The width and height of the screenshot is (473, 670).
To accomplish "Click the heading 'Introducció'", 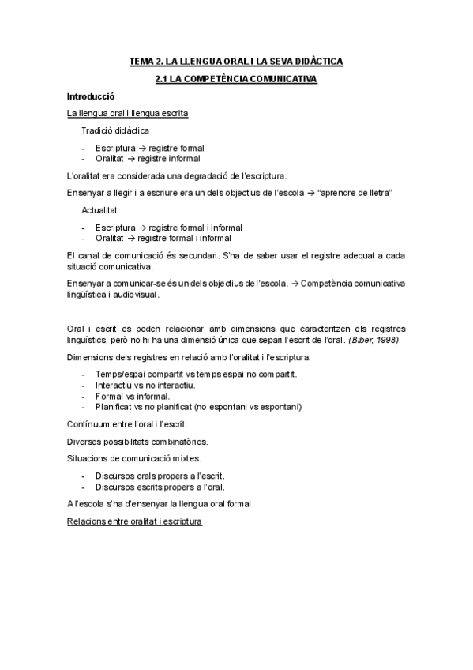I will click(x=92, y=96).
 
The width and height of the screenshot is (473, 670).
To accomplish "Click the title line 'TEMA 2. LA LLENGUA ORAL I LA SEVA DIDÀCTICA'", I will click(x=236, y=61).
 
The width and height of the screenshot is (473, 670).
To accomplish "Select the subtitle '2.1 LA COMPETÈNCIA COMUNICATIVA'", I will click(x=236, y=79).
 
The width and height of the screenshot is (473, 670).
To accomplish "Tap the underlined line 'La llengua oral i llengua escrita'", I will click(x=128, y=113).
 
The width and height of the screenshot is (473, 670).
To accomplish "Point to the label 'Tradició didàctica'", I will click(x=115, y=130).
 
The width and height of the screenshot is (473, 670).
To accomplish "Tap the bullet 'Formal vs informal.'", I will click(x=132, y=395).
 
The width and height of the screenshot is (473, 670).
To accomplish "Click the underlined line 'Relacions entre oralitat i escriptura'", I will click(x=135, y=521).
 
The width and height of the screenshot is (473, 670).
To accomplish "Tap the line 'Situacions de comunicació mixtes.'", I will click(x=134, y=458).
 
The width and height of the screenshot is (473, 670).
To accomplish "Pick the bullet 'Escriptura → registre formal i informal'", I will click(x=169, y=227).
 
